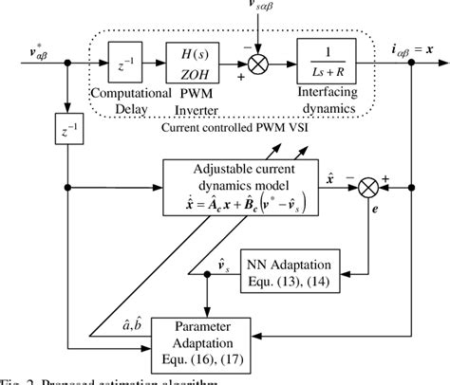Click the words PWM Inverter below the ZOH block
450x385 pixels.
(x=195, y=102)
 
